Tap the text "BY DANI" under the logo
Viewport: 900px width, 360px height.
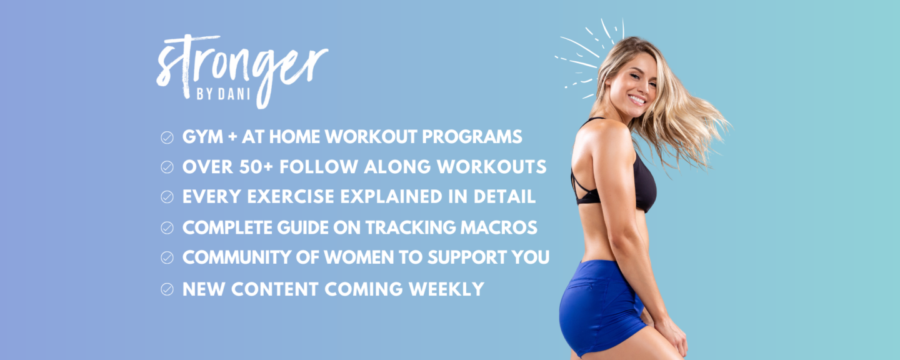[x=223, y=94]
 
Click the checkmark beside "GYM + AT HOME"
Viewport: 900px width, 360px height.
[x=167, y=137]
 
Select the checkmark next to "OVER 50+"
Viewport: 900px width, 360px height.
[x=167, y=167]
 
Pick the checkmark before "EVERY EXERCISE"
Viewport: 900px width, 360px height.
[x=167, y=197]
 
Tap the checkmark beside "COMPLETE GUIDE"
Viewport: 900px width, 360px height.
[x=167, y=227]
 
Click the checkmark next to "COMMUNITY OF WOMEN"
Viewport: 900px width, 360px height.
[x=167, y=257]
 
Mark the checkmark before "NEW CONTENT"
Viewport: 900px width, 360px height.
[x=167, y=289]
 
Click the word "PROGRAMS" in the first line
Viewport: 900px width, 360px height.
[x=472, y=137]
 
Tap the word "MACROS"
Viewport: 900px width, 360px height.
[x=499, y=227]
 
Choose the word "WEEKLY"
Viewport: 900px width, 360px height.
[x=446, y=289]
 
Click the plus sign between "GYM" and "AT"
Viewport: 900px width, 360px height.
[x=232, y=137]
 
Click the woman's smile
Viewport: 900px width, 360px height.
[x=637, y=99]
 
